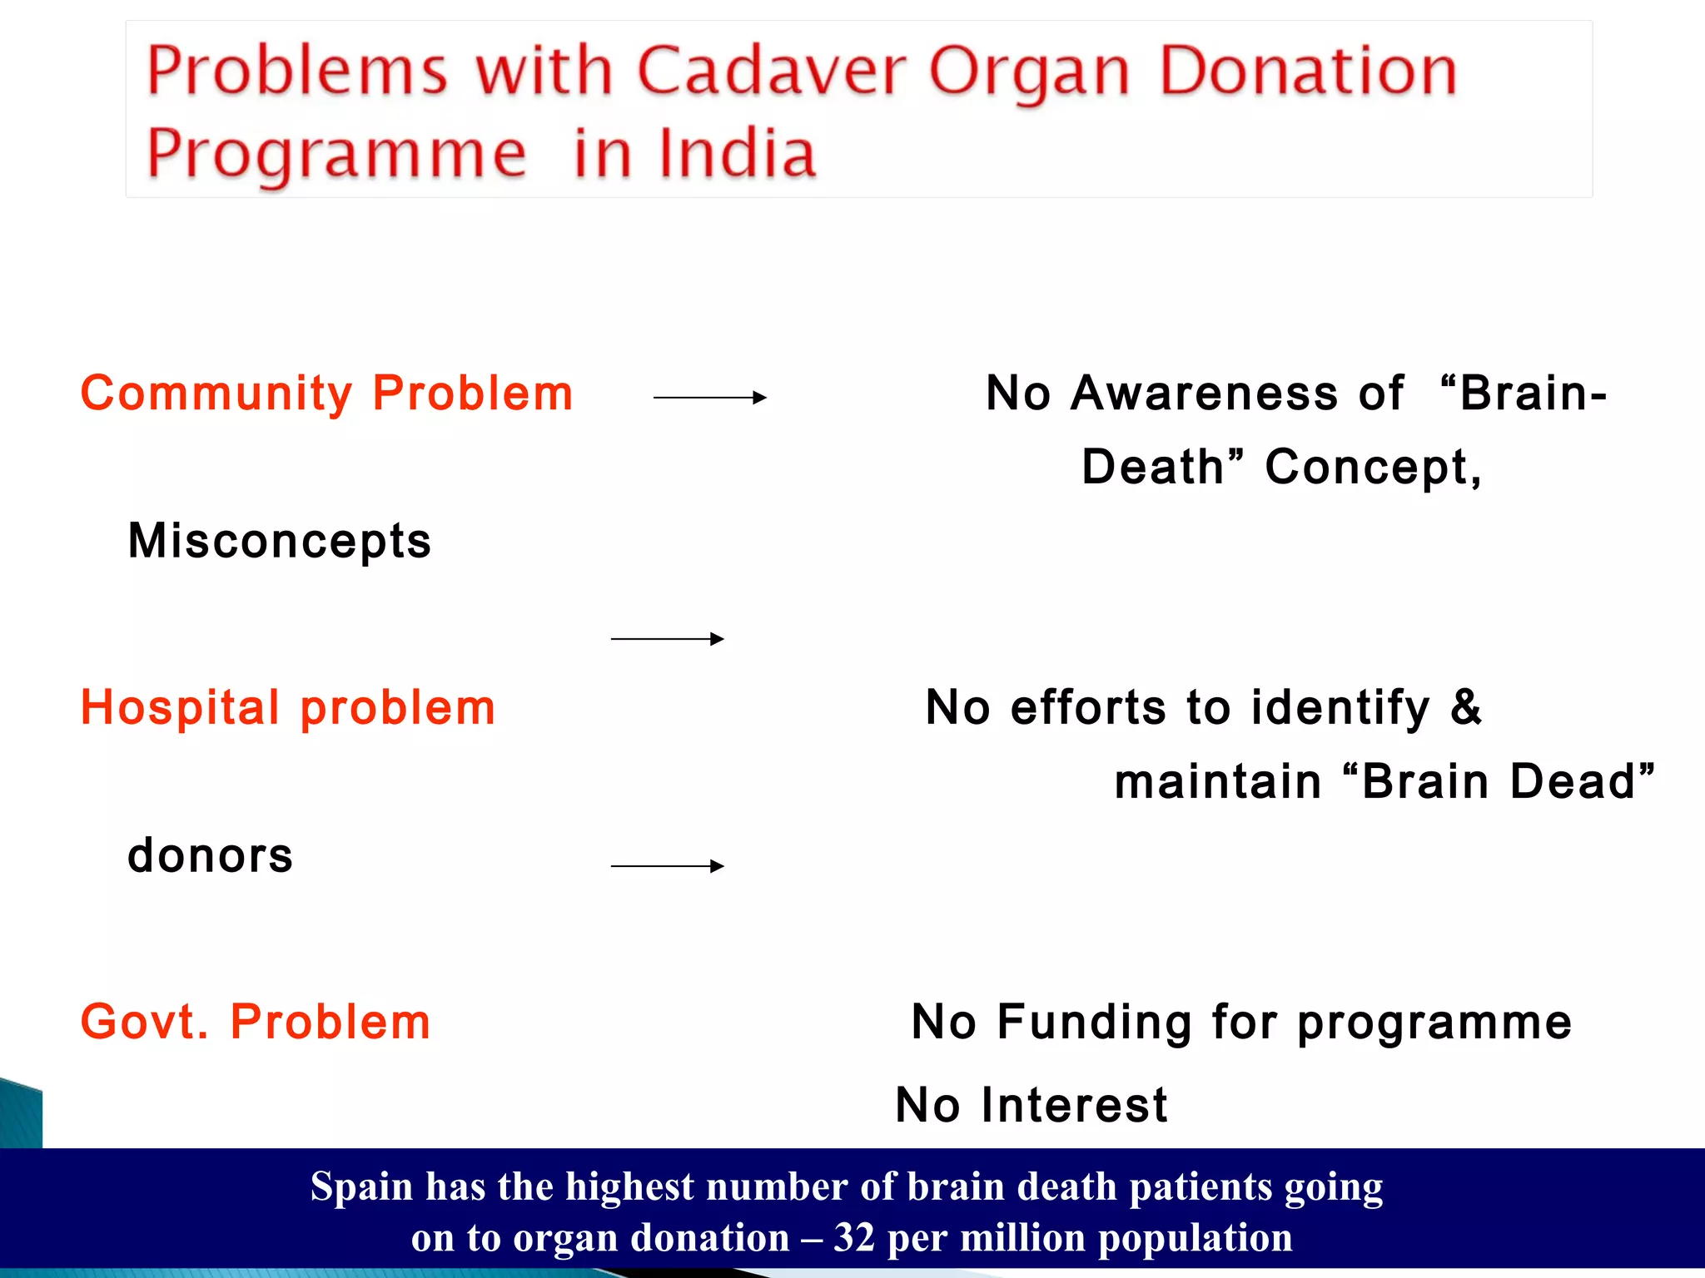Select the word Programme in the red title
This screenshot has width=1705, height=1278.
[336, 156]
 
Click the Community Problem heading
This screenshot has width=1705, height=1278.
[326, 393]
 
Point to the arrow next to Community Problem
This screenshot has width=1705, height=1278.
[709, 398]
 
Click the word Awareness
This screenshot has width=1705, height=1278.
[1205, 393]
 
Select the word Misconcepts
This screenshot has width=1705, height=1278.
[280, 541]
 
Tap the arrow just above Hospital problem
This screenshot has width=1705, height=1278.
[667, 639]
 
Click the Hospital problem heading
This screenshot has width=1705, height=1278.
[288, 708]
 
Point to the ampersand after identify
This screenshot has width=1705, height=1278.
[1466, 708]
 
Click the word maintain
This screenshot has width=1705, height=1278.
[1218, 782]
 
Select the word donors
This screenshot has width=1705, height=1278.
[211, 855]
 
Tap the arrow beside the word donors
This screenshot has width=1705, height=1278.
[667, 866]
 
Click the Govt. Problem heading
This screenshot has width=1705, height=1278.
[256, 1022]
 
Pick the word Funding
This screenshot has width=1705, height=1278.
[1094, 1022]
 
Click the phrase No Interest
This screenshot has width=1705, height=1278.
[1031, 1105]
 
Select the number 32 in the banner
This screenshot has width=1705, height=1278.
[854, 1238]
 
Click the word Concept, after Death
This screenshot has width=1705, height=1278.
[1373, 467]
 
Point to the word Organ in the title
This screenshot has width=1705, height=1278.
[1029, 72]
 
